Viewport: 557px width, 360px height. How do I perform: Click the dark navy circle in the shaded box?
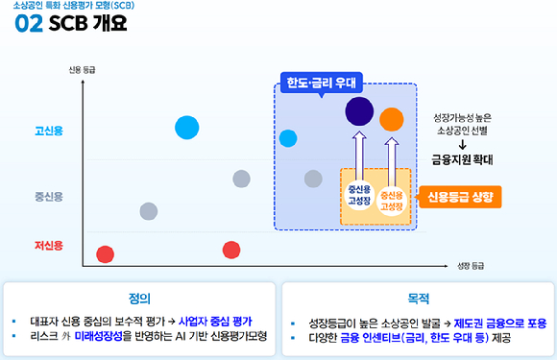(359, 111)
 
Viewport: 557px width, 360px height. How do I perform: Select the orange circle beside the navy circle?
(391, 119)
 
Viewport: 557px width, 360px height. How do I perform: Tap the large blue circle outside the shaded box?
(187, 127)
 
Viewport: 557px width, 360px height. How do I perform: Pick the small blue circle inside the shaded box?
(288, 138)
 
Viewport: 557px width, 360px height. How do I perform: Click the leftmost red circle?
(105, 253)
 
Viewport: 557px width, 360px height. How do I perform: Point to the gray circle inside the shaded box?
(313, 179)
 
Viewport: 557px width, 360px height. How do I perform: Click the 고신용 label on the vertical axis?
(48, 130)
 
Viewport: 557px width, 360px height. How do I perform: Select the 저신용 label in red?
(48, 246)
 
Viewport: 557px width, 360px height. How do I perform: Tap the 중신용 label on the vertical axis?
(48, 197)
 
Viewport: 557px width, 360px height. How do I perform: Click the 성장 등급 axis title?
(471, 265)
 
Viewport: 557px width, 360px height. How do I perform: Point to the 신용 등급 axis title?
(83, 70)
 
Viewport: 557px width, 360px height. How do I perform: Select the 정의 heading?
(138, 298)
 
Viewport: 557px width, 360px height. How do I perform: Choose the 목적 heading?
(418, 298)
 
